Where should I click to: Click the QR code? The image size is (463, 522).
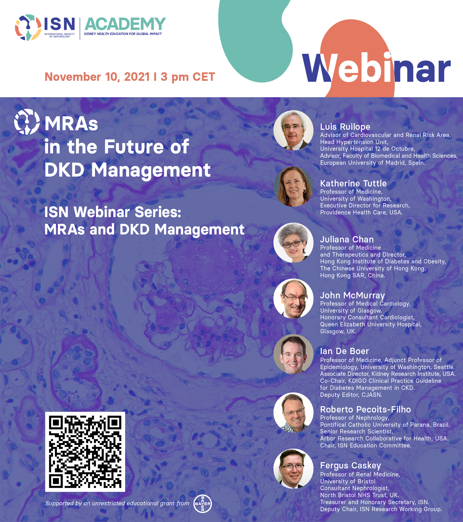[85, 452]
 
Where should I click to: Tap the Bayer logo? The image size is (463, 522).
[203, 503]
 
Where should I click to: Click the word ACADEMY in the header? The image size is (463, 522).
[125, 24]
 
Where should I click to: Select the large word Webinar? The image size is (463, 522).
[376, 68]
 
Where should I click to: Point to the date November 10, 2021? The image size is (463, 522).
[97, 77]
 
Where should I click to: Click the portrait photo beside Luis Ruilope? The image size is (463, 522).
[293, 130]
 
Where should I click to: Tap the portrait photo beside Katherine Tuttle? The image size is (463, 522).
[293, 186]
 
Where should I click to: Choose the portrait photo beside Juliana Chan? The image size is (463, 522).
[293, 243]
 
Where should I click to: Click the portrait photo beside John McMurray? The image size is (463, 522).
[293, 299]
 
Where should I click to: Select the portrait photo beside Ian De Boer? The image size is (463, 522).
[293, 354]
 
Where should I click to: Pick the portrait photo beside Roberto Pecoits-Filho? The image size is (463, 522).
[293, 412]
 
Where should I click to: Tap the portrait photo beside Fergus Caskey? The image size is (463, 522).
[293, 469]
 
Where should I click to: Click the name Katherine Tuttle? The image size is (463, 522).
[353, 183]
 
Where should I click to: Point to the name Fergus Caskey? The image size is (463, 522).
[350, 465]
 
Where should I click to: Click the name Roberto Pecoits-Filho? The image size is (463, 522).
[366, 409]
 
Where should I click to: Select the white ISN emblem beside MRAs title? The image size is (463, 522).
[27, 122]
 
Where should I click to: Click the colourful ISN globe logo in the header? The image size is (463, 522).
[28, 27]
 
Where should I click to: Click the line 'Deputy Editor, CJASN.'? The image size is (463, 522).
[351, 395]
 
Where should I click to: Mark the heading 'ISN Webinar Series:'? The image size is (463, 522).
[113, 212]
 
